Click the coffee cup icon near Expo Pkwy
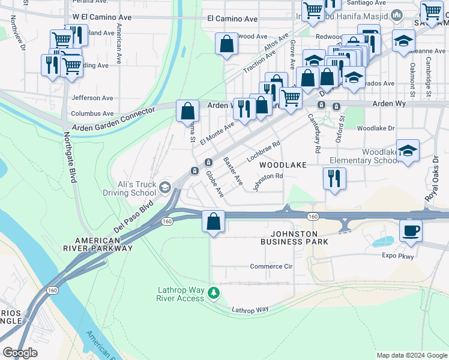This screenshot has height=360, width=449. pyautogui.click(x=411, y=230)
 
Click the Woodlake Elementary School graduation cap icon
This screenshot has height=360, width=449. pyautogui.click(x=408, y=151)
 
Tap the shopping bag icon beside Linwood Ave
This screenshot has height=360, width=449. pyautogui.click(x=226, y=44)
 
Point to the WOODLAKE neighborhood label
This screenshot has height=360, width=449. pyautogui.click(x=283, y=164)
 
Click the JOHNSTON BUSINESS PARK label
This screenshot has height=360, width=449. pyautogui.click(x=294, y=237)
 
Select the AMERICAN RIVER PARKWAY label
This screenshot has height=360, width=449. pyautogui.click(x=97, y=244)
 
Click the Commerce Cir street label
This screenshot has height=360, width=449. pyautogui.click(x=270, y=266)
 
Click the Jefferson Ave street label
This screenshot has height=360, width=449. pyautogui.click(x=92, y=98)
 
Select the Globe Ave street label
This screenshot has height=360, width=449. pyautogui.click(x=214, y=184)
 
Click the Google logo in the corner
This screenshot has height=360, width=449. pyautogui.click(x=20, y=353)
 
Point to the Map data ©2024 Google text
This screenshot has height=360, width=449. pyautogui.click(x=411, y=355)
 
